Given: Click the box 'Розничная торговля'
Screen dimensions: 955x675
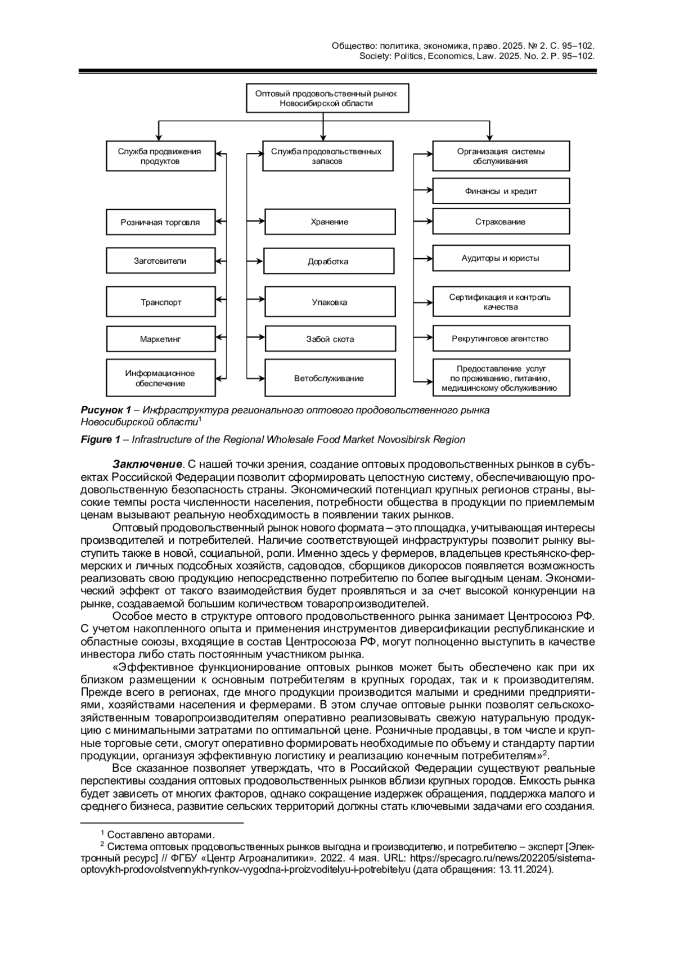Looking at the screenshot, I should pos(160,222).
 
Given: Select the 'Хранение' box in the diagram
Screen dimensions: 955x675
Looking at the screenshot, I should pos(330,222).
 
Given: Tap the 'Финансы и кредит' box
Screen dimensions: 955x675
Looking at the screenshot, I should pos(501,191).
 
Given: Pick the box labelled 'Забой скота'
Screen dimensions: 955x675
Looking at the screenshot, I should pos(330,339).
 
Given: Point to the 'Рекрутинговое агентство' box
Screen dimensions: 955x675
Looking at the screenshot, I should pos(501,339).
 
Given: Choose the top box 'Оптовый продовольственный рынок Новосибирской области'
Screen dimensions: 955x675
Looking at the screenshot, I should pos(327,98).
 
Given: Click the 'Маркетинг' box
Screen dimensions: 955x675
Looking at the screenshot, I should pos(160,339).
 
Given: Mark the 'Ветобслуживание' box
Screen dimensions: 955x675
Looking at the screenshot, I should pos(330,379).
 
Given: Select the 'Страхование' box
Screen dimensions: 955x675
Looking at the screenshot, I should pos(501,222).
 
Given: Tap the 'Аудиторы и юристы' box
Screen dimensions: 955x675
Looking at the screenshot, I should pos(501,258).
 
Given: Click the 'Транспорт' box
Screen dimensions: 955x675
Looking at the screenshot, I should pos(160,302).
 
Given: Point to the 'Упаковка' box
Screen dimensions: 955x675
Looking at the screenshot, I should pos(330,302).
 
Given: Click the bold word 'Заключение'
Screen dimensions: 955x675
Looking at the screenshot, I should pos(147,464).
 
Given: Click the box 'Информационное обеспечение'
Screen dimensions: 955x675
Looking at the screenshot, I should pos(160,379).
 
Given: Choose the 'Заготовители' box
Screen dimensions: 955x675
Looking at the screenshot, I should pos(160,261).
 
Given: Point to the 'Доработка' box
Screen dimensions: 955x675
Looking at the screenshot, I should pos(328,262).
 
